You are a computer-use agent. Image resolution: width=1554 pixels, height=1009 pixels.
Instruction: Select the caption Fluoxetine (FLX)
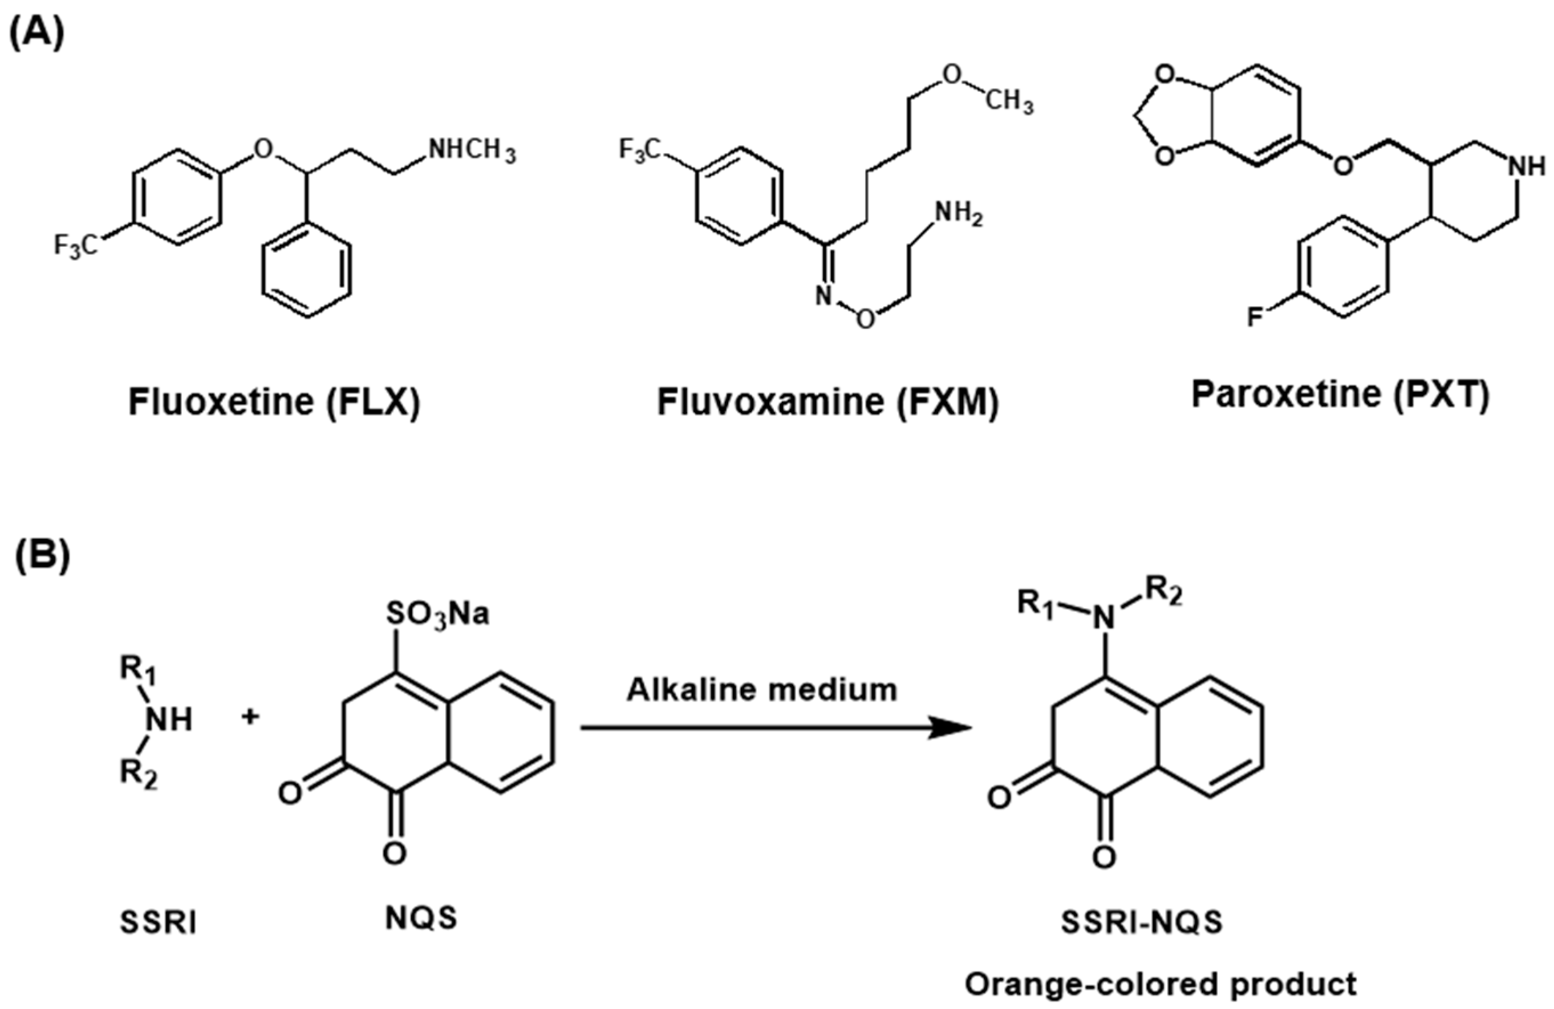click(x=274, y=402)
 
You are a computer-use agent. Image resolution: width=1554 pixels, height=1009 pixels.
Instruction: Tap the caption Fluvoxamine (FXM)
click(x=827, y=402)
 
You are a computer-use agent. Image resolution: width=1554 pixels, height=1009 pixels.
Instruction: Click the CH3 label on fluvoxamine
click(x=1009, y=103)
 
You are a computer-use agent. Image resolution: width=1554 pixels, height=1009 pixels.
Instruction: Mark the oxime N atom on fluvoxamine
click(x=824, y=297)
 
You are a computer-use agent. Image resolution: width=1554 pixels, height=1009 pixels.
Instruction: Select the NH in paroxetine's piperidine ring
click(x=1528, y=167)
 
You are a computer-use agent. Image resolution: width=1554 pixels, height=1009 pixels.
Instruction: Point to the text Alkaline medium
click(x=762, y=690)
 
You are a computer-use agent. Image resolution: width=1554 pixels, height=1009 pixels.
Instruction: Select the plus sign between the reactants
click(x=250, y=717)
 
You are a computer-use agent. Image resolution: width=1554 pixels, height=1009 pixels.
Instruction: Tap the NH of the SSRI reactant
click(x=169, y=720)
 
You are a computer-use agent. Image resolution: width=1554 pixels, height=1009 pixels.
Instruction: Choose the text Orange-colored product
click(x=1161, y=984)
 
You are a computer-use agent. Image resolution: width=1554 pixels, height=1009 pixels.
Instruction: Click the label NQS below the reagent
click(x=421, y=918)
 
